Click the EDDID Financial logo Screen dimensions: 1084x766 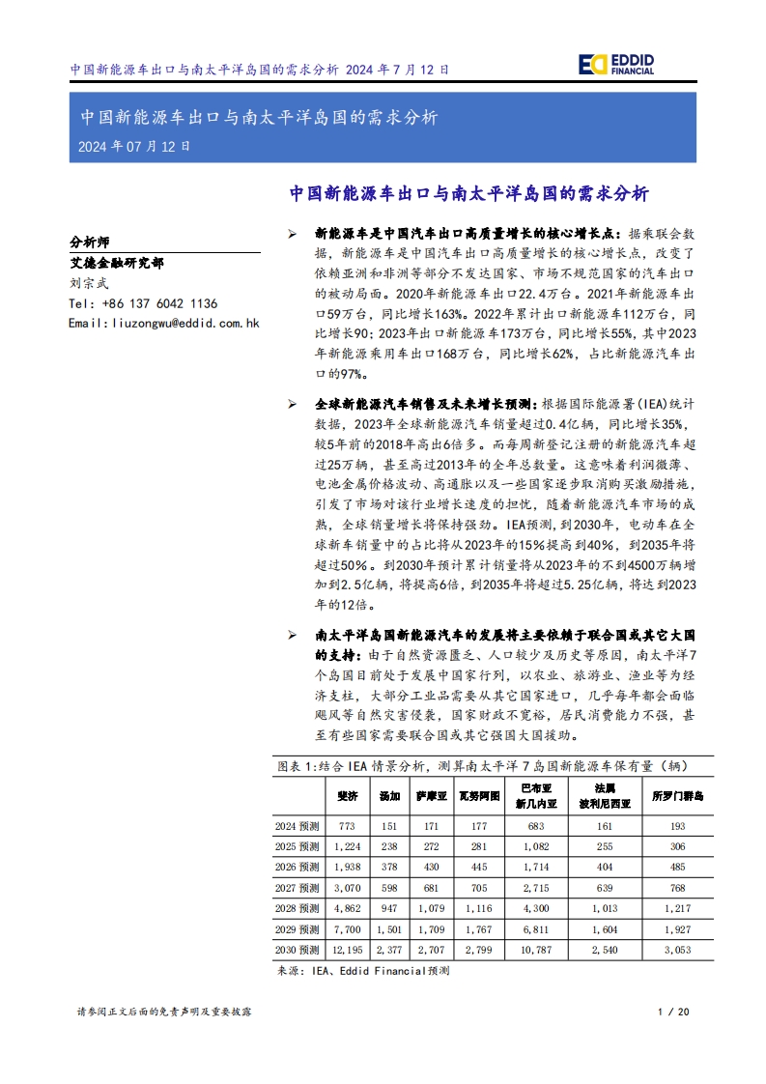click(x=616, y=64)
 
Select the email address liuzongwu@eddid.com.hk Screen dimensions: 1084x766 click(x=164, y=323)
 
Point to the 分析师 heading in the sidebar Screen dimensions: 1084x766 click(x=90, y=242)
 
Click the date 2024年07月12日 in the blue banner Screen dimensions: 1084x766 click(x=134, y=147)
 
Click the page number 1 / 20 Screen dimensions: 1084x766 click(x=672, y=1011)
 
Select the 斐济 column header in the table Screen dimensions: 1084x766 click(x=347, y=796)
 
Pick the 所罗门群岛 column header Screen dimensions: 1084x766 click(x=677, y=796)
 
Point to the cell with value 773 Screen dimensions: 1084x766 click(x=347, y=826)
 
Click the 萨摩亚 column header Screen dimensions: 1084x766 click(x=432, y=796)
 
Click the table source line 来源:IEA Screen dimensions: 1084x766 click(x=363, y=972)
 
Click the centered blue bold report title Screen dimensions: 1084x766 click(x=468, y=193)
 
